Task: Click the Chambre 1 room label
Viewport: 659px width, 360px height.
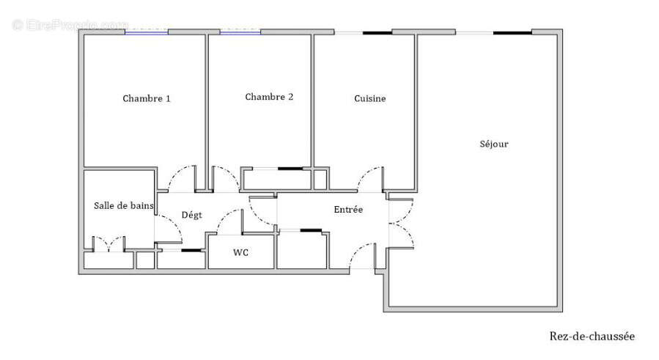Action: tap(147, 98)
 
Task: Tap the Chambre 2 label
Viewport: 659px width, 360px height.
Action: tap(269, 97)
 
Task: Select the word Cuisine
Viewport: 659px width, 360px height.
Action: tap(369, 98)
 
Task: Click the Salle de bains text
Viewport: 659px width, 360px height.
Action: tap(123, 206)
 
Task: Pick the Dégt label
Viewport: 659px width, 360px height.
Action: tap(191, 214)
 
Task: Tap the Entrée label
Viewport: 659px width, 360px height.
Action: tap(348, 209)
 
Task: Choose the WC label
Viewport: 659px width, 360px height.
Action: tap(240, 252)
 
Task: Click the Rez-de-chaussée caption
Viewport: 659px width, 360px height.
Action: tap(592, 336)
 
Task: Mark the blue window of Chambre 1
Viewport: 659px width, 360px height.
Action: tap(146, 32)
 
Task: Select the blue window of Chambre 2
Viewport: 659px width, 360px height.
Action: tap(240, 32)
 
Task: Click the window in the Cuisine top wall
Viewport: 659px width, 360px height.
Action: tap(363, 32)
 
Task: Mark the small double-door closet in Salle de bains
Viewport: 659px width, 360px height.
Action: tap(108, 244)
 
